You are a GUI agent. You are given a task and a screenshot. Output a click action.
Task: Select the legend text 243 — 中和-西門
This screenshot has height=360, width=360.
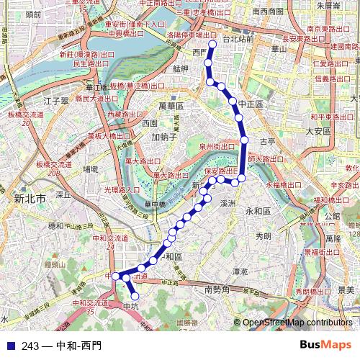click(61, 346)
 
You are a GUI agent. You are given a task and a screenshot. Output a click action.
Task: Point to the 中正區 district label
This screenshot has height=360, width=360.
click(251, 105)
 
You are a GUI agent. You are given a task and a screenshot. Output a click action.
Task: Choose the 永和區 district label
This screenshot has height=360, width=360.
click(258, 212)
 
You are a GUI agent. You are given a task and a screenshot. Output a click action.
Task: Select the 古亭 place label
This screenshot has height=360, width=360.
click(267, 142)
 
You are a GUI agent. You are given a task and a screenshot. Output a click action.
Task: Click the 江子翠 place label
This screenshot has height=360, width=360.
click(55, 100)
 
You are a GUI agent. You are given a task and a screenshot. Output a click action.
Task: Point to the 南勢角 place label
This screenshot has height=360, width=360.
click(217, 290)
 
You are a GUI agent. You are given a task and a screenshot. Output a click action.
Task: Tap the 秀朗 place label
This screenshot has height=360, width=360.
click(263, 235)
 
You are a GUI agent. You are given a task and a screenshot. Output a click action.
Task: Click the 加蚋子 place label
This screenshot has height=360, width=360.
click(164, 137)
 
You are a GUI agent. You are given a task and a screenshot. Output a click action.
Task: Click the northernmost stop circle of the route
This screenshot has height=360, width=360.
click(212, 45)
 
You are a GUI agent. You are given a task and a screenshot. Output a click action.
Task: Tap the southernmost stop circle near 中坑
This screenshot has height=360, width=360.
click(134, 295)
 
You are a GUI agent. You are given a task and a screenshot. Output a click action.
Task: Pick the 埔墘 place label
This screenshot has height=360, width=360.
click(91, 169)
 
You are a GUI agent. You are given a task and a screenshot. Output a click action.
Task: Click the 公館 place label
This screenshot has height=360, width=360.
click(332, 216)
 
